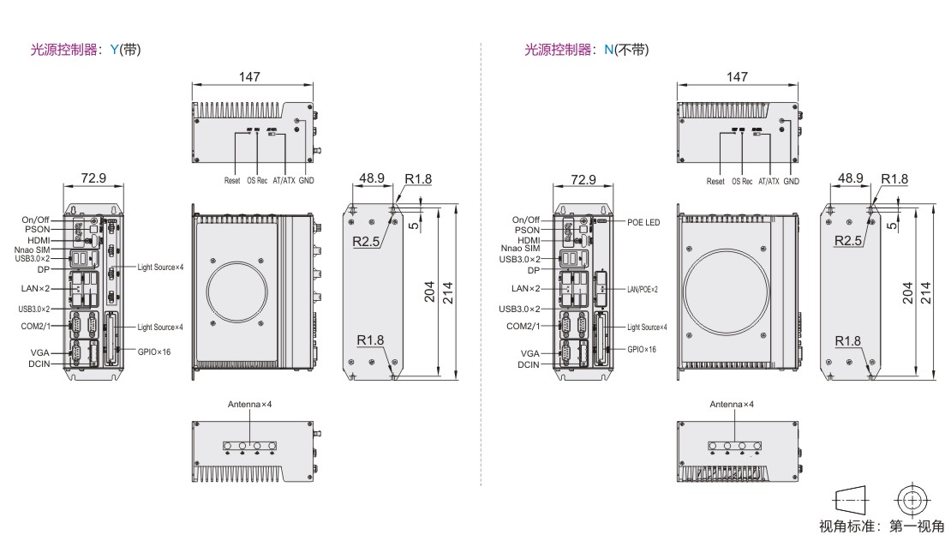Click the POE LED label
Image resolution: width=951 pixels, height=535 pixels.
[x=643, y=222]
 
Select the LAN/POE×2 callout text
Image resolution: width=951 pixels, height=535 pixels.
[x=643, y=289]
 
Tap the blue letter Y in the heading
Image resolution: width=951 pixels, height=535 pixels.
[x=115, y=50]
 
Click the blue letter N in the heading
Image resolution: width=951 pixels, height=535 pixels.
[x=609, y=50]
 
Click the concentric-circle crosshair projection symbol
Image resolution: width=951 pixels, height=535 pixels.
[x=912, y=501]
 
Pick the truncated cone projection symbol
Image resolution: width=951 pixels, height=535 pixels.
[x=851, y=501]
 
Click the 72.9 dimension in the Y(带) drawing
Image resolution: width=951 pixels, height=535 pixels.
[x=93, y=178]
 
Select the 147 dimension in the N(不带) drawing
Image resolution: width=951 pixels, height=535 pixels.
[x=737, y=76]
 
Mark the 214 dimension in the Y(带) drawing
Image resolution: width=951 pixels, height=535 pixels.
[x=447, y=292]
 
